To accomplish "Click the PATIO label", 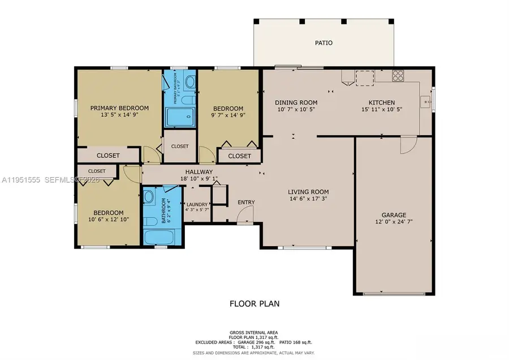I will pos(323,42).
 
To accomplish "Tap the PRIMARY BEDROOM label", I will pos(119,108).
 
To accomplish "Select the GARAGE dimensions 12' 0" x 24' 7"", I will pos(393,222).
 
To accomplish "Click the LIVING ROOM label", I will pos(308,192).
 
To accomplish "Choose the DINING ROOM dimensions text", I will pos(296,110).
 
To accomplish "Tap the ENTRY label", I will pos(246,203).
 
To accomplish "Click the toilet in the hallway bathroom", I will pos(149,197).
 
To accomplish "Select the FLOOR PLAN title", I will pos(254,303).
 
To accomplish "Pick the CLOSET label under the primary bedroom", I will pos(107,156).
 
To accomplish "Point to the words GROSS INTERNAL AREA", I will pos(254,332).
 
